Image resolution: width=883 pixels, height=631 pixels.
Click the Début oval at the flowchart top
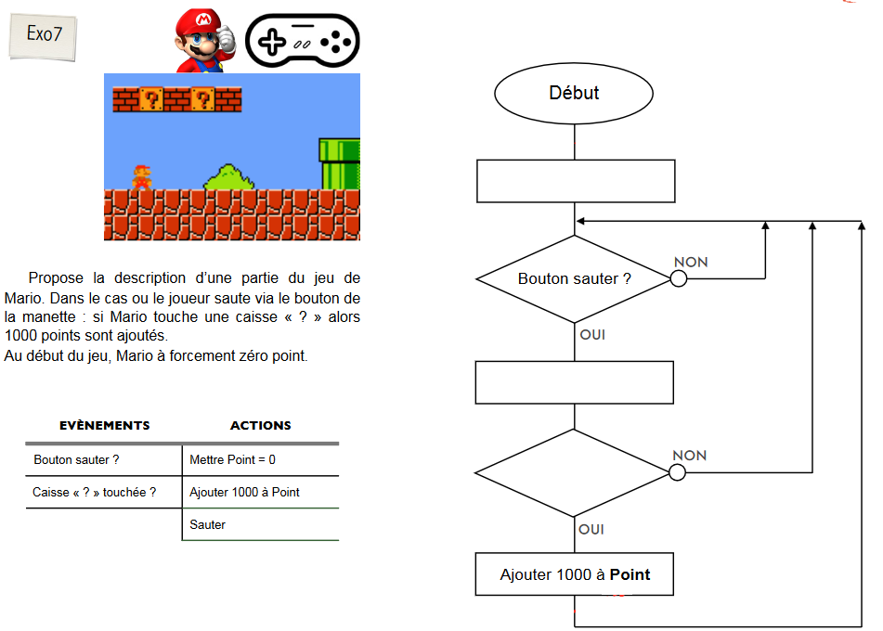[574, 93]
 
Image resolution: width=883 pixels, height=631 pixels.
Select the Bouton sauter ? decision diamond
[574, 278]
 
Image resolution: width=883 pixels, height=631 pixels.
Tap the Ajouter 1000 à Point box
[574, 574]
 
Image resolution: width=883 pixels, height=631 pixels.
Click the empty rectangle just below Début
[575, 181]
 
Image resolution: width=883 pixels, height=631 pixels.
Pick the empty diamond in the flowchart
[574, 472]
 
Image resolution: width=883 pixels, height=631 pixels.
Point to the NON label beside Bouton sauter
[691, 263]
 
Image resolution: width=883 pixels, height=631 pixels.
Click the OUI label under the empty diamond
[591, 529]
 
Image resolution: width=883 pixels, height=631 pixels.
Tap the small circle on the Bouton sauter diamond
[679, 278]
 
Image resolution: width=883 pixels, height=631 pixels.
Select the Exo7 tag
[42, 35]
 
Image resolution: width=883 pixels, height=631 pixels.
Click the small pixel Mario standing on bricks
[141, 177]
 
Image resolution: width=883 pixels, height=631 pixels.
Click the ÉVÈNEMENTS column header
[104, 425]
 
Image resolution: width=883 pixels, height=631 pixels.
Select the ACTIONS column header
[260, 425]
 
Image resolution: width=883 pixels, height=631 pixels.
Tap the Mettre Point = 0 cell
[232, 459]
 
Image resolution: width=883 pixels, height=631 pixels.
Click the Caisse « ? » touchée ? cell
[95, 492]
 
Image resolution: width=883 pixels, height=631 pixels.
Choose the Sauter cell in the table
[208, 524]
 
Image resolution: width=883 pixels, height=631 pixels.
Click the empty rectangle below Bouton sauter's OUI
[574, 382]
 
